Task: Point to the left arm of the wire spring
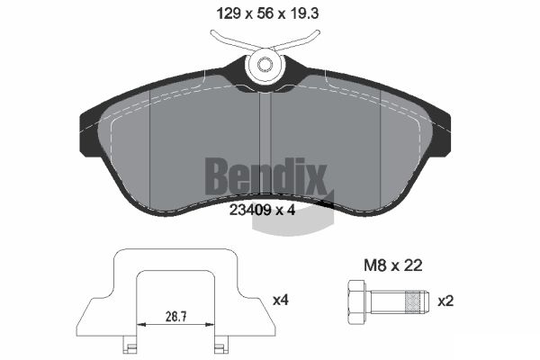click(229, 40)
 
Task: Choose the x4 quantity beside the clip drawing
click(282, 300)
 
